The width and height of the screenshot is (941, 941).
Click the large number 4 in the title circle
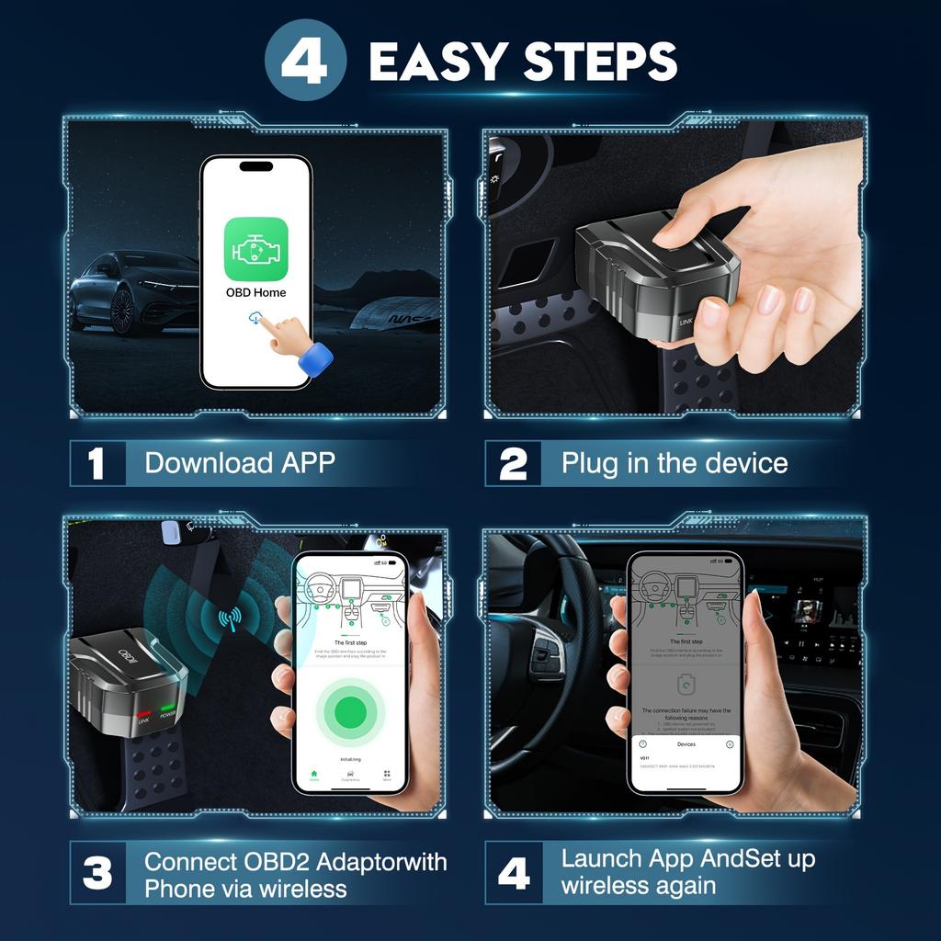click(305, 61)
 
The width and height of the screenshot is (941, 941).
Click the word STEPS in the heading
click(600, 61)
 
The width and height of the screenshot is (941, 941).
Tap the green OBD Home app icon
click(256, 248)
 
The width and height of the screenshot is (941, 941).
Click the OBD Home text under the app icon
click(255, 293)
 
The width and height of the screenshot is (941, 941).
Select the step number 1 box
click(96, 463)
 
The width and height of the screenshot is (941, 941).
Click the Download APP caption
click(240, 463)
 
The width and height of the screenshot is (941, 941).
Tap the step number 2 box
click(513, 463)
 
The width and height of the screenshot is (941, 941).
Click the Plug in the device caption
click(675, 463)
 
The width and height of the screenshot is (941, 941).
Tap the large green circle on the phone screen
click(350, 709)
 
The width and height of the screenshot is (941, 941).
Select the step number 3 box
click(96, 874)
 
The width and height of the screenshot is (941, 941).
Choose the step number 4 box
click(513, 874)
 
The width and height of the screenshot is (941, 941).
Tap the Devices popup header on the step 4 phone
click(686, 743)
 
